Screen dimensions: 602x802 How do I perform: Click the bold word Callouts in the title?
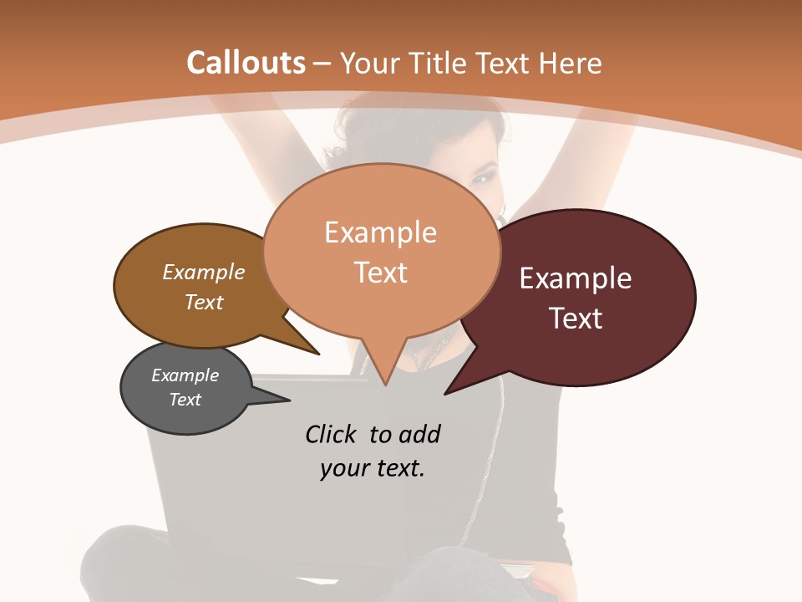click(x=246, y=63)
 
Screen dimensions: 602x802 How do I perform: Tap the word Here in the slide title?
click(x=571, y=63)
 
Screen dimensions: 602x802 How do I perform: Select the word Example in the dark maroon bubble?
click(x=575, y=278)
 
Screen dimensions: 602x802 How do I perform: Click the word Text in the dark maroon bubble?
click(x=575, y=319)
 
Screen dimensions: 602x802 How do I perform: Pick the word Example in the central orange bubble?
click(x=380, y=232)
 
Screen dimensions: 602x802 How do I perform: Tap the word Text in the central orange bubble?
click(x=380, y=273)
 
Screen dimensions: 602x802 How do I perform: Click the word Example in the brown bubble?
click(x=204, y=272)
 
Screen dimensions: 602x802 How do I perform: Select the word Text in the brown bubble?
click(x=204, y=302)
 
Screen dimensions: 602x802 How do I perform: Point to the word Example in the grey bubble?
click(x=185, y=375)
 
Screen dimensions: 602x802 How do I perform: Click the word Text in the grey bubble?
click(x=185, y=400)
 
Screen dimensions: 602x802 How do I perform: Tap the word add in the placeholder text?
click(x=419, y=434)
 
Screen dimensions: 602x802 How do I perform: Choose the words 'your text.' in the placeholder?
click(x=373, y=468)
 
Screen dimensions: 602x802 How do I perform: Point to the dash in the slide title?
click(x=322, y=64)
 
